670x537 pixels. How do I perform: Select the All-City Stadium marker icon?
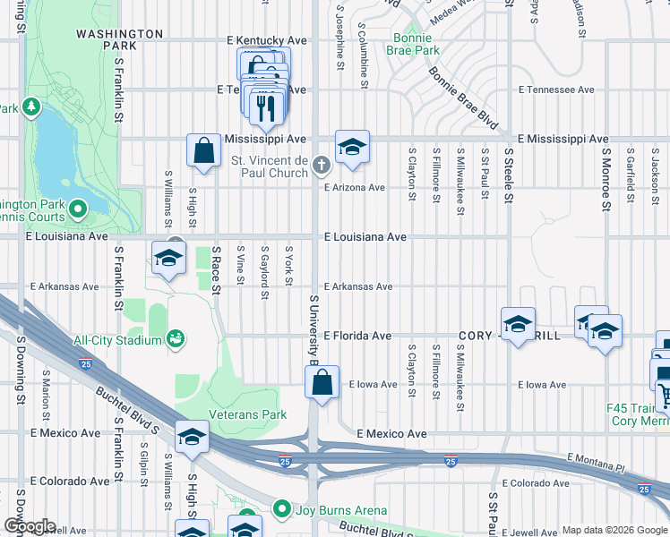tap(176, 338)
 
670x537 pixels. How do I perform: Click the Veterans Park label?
tap(247, 414)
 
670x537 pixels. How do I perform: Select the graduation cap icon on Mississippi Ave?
tap(352, 147)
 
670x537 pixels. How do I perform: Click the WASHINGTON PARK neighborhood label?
tap(118, 39)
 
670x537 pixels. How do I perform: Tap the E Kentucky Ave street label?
tap(267, 40)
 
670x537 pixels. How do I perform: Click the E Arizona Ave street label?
tap(354, 188)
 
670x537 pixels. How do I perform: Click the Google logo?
tap(29, 526)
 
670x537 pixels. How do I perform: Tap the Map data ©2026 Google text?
tap(614, 530)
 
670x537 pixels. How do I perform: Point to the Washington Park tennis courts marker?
tap(77, 210)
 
